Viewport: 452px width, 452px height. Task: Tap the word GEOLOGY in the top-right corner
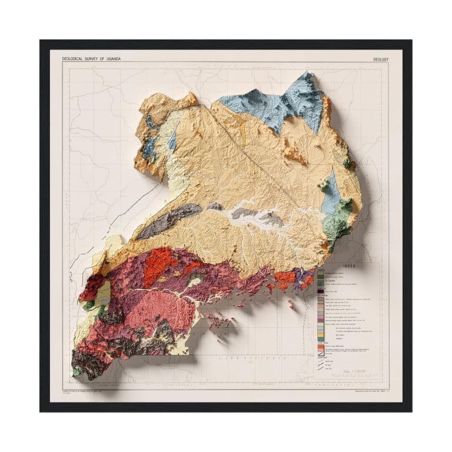pyautogui.click(x=384, y=59)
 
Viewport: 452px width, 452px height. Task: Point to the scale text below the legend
pyautogui.click(x=347, y=372)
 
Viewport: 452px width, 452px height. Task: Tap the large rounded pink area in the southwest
pyautogui.click(x=165, y=306)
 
